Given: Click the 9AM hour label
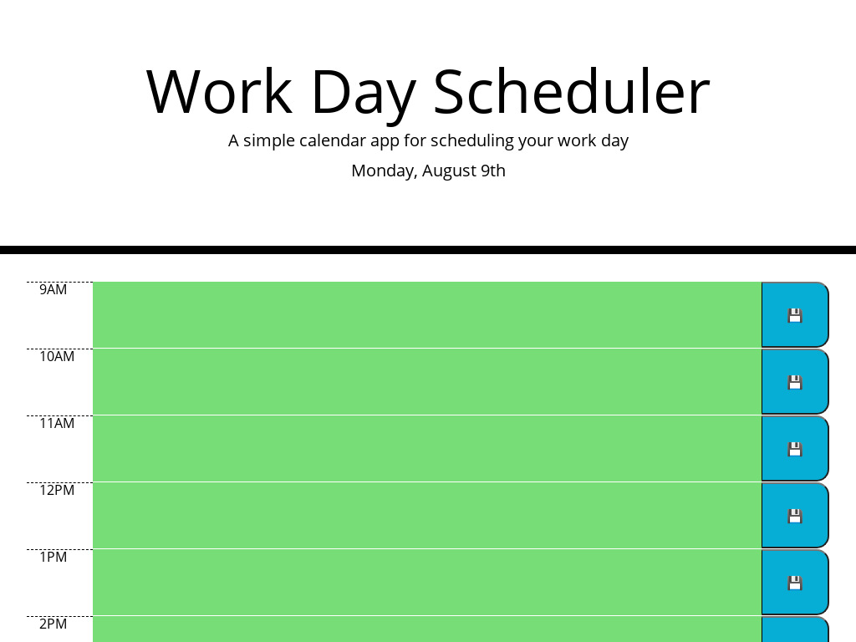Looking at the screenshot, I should pyautogui.click(x=53, y=290).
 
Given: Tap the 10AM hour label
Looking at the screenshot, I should pyautogui.click(x=57, y=357).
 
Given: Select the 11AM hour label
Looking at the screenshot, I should pyautogui.click(x=57, y=424).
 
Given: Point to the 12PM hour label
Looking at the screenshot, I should pyautogui.click(x=57, y=491).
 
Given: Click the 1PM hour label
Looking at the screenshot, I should pyautogui.click(x=53, y=558).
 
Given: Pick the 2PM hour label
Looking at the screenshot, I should pyautogui.click(x=53, y=624).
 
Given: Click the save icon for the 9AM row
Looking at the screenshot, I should pyautogui.click(x=795, y=315).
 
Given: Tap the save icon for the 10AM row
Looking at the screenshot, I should pyautogui.click(x=795, y=382).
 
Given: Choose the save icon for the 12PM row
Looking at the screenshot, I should pyautogui.click(x=795, y=516).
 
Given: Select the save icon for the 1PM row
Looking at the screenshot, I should pyautogui.click(x=795, y=583).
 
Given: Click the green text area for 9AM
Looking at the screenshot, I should pyautogui.click(x=426, y=315).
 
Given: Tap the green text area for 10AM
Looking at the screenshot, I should pyautogui.click(x=426, y=382).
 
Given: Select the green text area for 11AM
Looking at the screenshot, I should pyautogui.click(x=426, y=449).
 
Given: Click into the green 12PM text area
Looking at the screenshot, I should pyautogui.click(x=426, y=516).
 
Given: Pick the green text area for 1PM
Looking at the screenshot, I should pyautogui.click(x=426, y=583).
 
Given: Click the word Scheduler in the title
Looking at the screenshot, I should pyautogui.click(x=571, y=91).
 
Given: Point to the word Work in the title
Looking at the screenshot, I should pyautogui.click(x=220, y=91).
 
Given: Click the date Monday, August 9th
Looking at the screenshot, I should pyautogui.click(x=428, y=171).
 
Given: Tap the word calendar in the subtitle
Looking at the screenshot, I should pyautogui.click(x=333, y=140).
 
